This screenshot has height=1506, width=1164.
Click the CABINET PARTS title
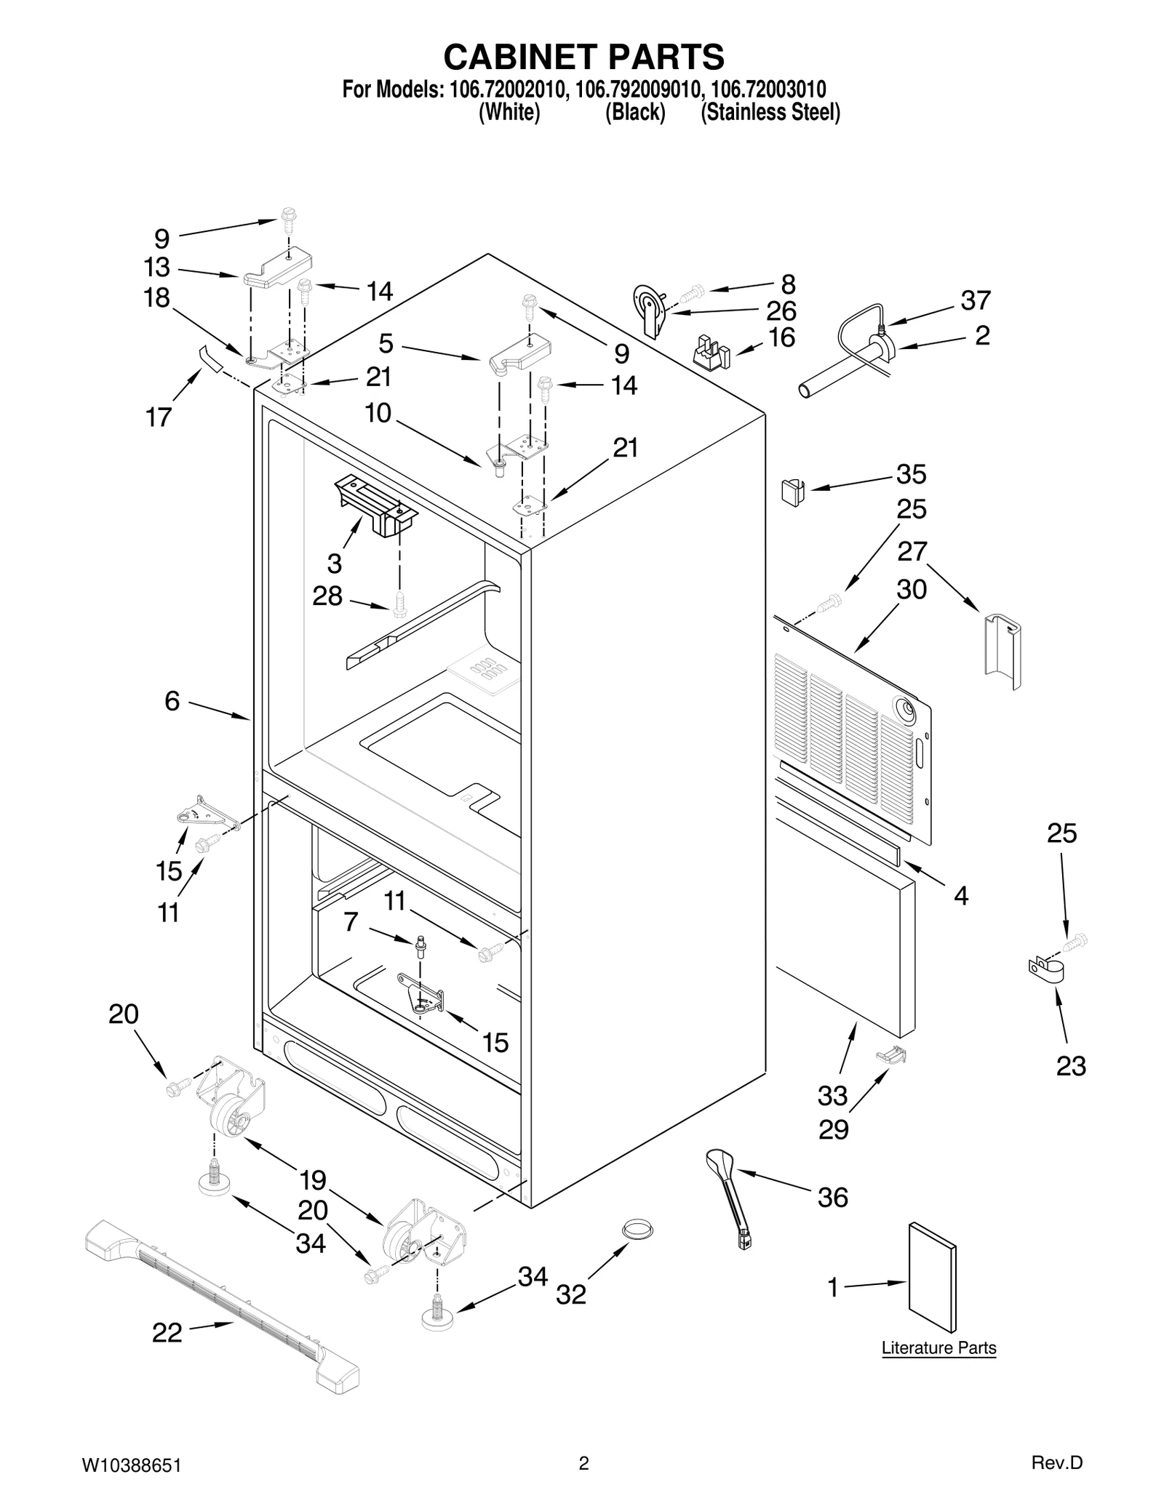click(x=583, y=56)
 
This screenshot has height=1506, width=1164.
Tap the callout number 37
click(x=976, y=300)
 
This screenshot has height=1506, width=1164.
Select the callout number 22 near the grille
click(x=167, y=1332)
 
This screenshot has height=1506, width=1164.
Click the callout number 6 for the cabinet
click(x=172, y=700)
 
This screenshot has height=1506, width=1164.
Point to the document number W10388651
click(x=131, y=1464)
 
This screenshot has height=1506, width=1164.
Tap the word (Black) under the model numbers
click(x=635, y=113)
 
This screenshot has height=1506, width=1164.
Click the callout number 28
click(x=327, y=596)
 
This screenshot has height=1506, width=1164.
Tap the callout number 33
click(x=833, y=1095)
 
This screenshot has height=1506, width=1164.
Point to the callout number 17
click(x=159, y=417)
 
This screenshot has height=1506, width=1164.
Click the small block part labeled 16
click(x=712, y=351)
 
